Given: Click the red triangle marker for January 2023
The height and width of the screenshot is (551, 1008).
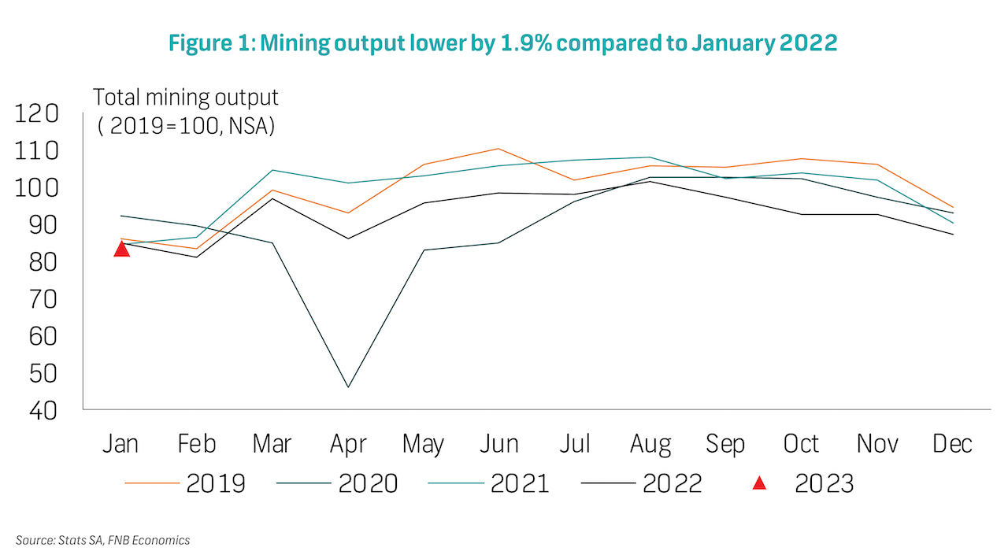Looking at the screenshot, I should pos(121,249).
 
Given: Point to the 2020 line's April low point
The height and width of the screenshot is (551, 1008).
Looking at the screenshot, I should pos(348,386).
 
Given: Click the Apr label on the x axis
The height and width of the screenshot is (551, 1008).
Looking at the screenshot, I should pos(348,444).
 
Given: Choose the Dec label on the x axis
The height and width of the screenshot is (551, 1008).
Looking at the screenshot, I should pos(952,444).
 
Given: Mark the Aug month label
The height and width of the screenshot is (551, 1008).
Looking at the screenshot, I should pos(650,444).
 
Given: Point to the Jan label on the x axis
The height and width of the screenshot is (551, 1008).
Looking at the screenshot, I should pos(120,444).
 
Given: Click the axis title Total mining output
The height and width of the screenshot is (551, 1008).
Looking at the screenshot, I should pos(186,98).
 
